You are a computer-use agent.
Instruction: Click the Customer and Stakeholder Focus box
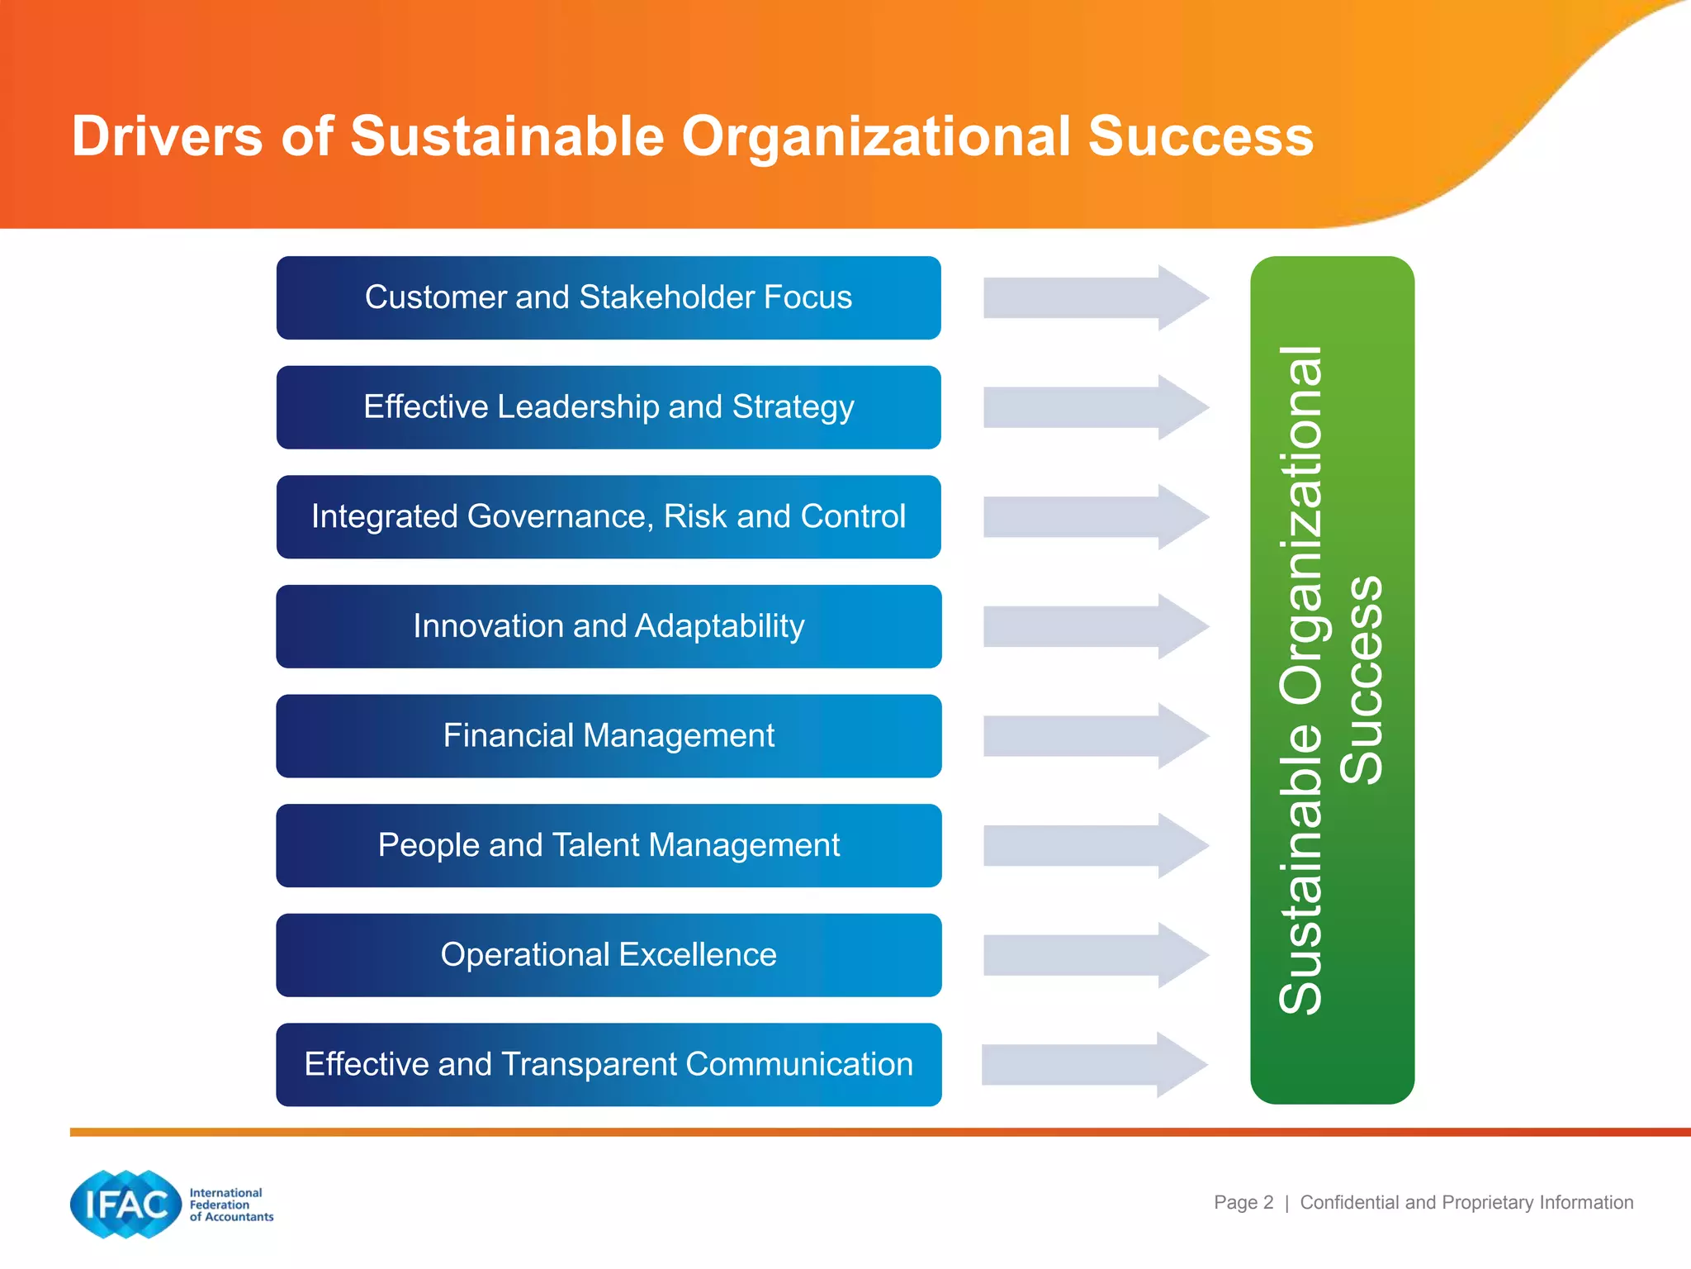[609, 297]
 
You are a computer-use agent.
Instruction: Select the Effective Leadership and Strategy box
[609, 407]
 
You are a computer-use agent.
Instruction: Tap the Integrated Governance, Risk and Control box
[609, 517]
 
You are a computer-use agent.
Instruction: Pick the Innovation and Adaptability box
[609, 626]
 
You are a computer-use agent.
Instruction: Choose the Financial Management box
[609, 736]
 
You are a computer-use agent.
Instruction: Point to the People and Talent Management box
[609, 845]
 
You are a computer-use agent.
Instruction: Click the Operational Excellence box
[609, 955]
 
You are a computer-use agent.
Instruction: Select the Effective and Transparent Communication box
[609, 1065]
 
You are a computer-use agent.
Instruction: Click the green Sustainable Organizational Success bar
[1332, 680]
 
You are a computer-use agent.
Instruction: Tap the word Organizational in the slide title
[875, 136]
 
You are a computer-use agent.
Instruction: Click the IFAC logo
[126, 1204]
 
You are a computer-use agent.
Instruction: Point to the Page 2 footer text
[1243, 1202]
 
